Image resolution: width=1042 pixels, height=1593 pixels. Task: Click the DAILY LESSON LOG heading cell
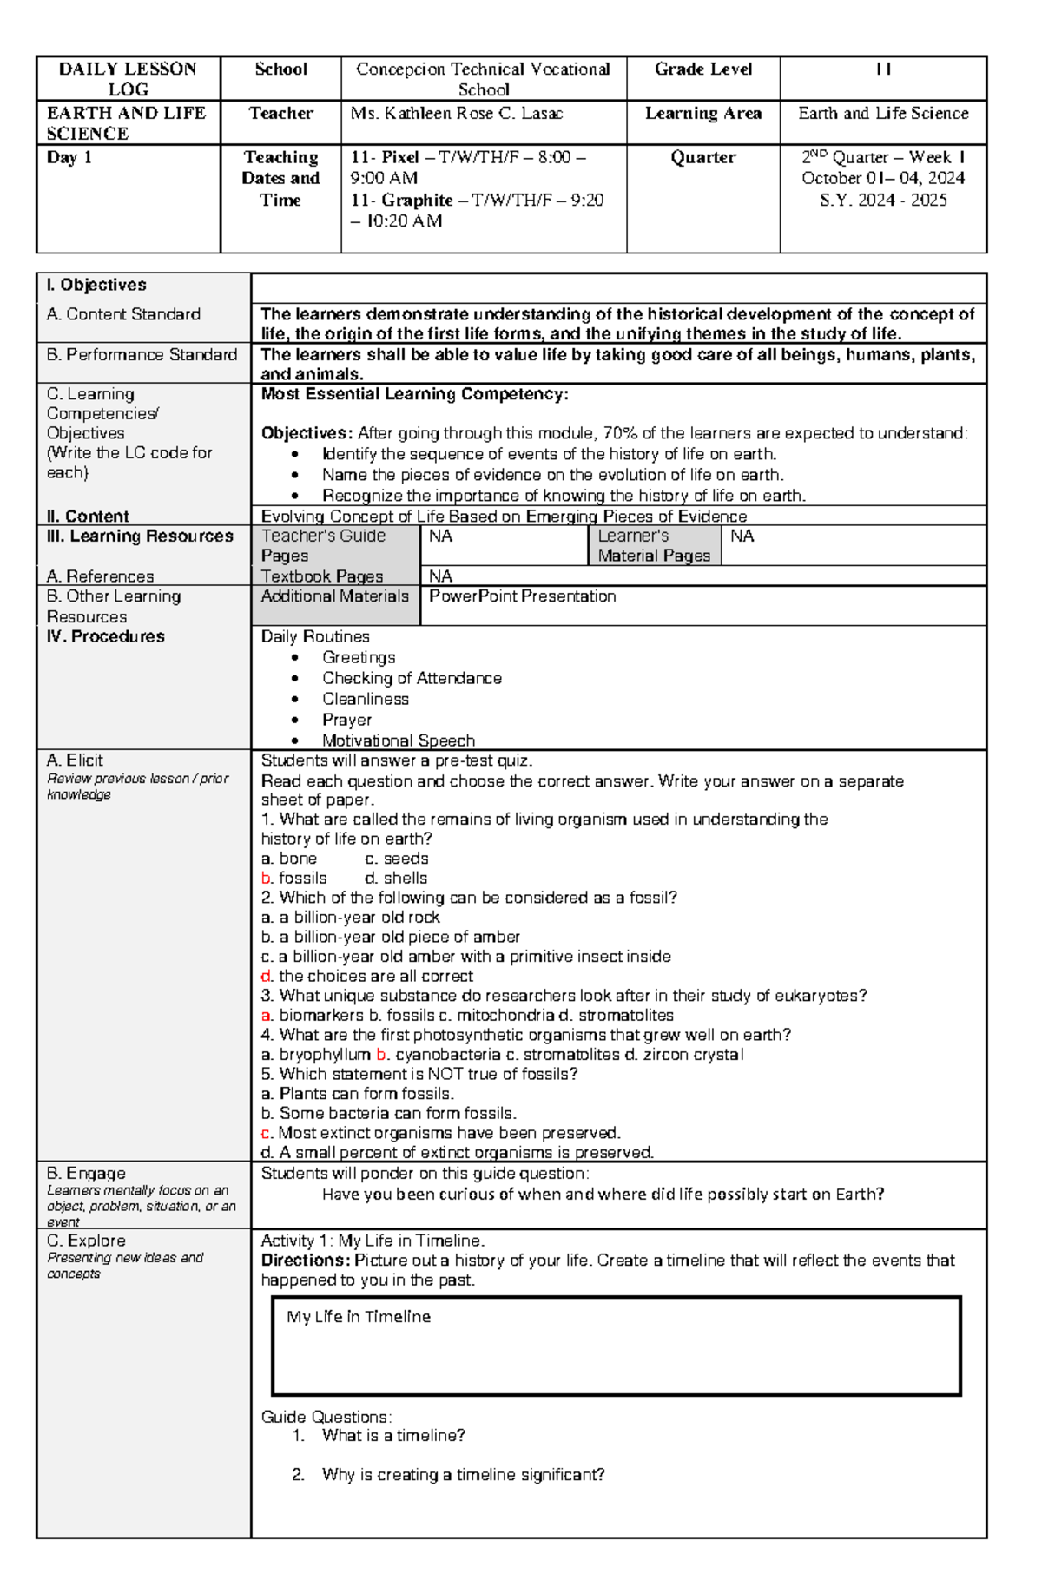coord(128,79)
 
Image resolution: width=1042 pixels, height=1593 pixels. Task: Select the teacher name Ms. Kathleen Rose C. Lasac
coord(456,114)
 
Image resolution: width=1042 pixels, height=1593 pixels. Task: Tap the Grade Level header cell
coord(702,69)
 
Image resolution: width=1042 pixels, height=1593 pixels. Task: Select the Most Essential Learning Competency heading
coord(414,394)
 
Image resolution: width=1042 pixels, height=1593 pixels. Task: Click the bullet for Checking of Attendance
coord(296,679)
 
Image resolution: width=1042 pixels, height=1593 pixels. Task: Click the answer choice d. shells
coord(396,879)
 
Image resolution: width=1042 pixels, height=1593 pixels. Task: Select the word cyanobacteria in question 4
coord(447,1055)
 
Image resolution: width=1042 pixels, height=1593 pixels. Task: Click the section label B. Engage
coord(86,1174)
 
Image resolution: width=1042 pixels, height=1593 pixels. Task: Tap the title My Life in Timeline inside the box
coord(358,1317)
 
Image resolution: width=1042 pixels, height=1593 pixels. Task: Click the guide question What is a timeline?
coord(392,1436)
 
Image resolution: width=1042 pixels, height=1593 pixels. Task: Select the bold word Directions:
coord(305,1261)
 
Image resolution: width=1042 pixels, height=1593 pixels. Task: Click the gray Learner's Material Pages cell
coord(654,546)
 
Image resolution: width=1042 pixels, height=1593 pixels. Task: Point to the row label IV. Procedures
coord(105,637)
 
